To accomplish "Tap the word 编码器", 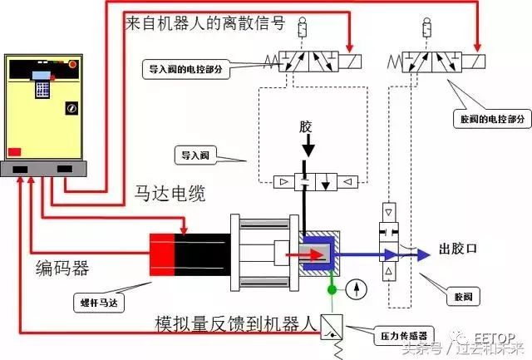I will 62,269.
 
